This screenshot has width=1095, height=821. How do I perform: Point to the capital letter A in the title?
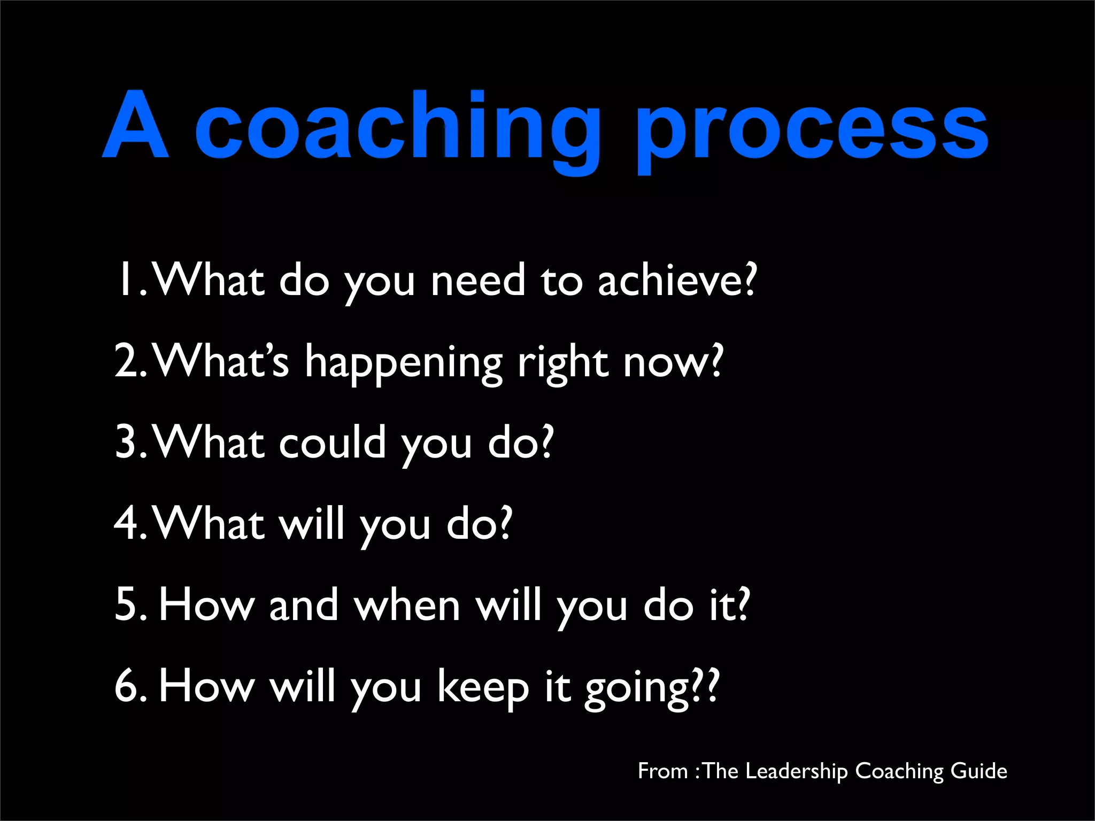[x=136, y=125]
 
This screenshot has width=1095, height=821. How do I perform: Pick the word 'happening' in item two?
[x=404, y=363]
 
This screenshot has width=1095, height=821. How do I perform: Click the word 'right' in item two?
[x=563, y=363]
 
